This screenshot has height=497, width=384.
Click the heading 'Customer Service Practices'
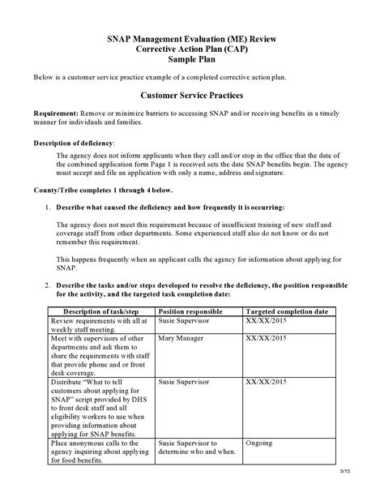tap(192, 95)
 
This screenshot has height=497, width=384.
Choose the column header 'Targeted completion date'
tap(287, 311)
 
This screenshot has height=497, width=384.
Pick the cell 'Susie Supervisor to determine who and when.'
tap(194, 448)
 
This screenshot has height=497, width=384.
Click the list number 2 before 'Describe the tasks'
tap(47, 285)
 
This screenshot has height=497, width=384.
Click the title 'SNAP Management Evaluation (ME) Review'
tap(192, 37)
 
